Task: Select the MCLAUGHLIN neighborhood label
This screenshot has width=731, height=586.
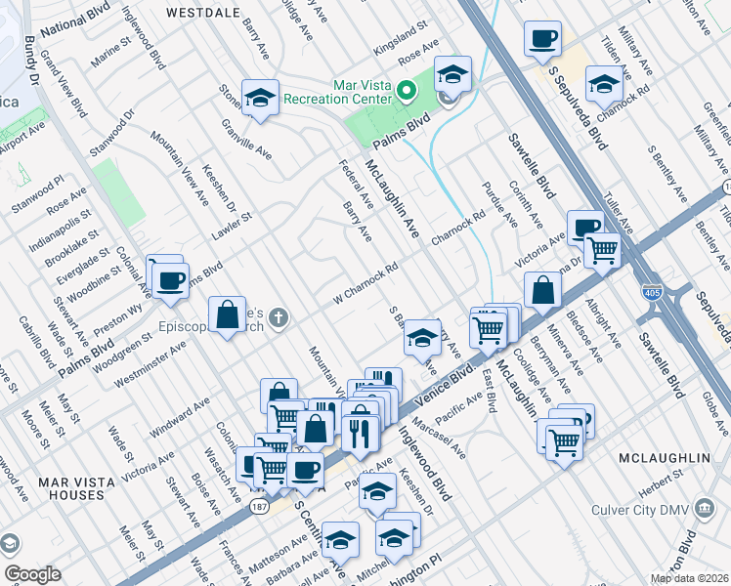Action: point(665,457)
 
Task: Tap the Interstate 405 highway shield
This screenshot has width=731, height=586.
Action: point(650,291)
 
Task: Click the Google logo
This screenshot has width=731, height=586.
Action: point(31,574)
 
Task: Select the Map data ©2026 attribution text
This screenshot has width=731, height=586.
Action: point(688,578)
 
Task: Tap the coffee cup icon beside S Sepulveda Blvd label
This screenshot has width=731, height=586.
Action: point(541,39)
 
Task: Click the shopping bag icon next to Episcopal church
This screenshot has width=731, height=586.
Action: point(227,314)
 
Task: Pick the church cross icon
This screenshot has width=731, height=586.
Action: point(279,316)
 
